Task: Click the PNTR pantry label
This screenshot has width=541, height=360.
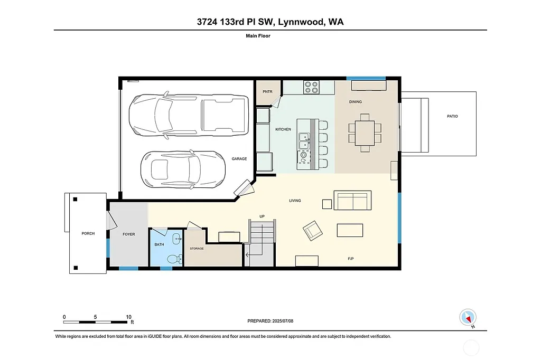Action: [267, 91]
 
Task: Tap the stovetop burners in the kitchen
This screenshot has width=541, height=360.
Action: [311, 87]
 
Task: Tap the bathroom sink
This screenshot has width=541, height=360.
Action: [176, 239]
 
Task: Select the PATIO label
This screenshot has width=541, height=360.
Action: [452, 116]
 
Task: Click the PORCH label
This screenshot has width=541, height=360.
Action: [88, 233]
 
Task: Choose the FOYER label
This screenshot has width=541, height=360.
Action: [129, 234]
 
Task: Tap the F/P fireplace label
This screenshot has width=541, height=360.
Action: [351, 259]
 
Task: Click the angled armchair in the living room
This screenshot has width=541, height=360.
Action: [313, 230]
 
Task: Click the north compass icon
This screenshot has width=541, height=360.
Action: [467, 317]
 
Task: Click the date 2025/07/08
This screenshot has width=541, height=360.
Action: [284, 321]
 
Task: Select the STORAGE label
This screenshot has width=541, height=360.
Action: [197, 248]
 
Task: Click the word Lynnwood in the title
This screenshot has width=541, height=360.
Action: [300, 22]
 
